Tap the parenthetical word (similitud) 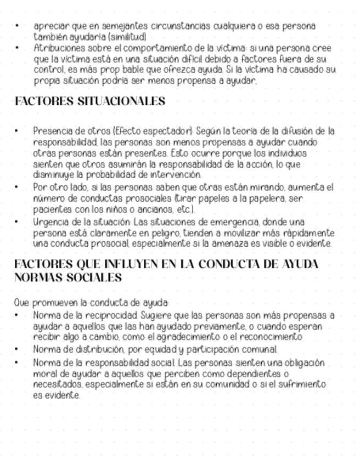pyautogui.click(x=127, y=37)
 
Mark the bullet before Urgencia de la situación pyautogui.click(x=17, y=222)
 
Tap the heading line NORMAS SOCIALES pyautogui.click(x=68, y=278)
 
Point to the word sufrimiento pyautogui.click(x=305, y=384)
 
